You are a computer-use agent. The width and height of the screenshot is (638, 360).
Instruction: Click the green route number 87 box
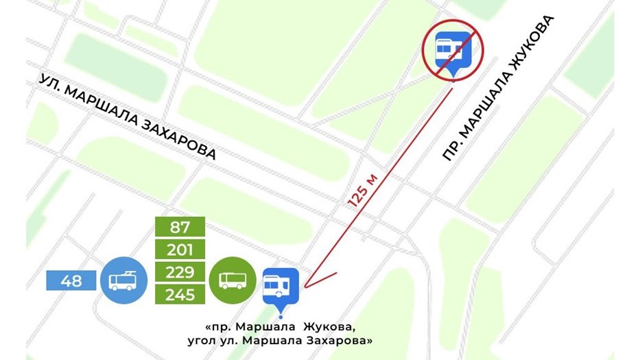180,226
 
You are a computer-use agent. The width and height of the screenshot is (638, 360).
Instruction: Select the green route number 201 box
180,249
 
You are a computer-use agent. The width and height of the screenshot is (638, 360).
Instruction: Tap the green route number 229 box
180,272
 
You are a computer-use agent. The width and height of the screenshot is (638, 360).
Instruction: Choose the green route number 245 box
180,295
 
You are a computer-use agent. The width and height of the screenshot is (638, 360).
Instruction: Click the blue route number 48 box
71,280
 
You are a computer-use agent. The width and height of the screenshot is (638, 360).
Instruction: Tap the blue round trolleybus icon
123,280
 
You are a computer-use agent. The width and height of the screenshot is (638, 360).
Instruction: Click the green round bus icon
233,280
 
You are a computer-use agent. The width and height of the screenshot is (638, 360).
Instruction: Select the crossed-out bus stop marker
452,50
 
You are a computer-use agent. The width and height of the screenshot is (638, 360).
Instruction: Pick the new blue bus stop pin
281,287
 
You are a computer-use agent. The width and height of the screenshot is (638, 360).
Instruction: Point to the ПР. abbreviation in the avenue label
450,152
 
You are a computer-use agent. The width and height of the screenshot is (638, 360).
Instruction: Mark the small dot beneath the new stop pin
281,316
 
